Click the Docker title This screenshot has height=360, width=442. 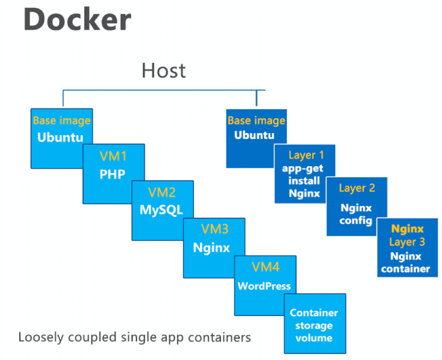(77, 19)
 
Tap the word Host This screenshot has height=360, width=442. (164, 70)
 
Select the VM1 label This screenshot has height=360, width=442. (113, 156)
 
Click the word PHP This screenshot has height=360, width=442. (112, 174)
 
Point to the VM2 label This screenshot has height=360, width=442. (162, 193)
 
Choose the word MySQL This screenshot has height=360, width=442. (161, 210)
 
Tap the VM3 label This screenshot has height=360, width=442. (215, 229)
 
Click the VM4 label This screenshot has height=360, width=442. (266, 267)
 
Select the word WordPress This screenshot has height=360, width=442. (264, 286)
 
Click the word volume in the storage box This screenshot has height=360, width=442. (314, 338)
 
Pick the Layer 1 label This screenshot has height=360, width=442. (306, 155)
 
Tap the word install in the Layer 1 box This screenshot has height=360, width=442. (304, 180)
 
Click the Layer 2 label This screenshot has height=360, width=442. (357, 188)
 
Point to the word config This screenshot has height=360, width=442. (356, 221)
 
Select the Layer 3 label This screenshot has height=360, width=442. (407, 242)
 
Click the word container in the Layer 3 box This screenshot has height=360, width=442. (405, 269)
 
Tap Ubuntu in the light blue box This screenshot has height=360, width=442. (60, 137)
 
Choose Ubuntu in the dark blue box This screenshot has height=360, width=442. (254, 135)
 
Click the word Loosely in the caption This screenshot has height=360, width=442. (39, 338)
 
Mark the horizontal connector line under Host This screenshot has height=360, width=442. (164, 90)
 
